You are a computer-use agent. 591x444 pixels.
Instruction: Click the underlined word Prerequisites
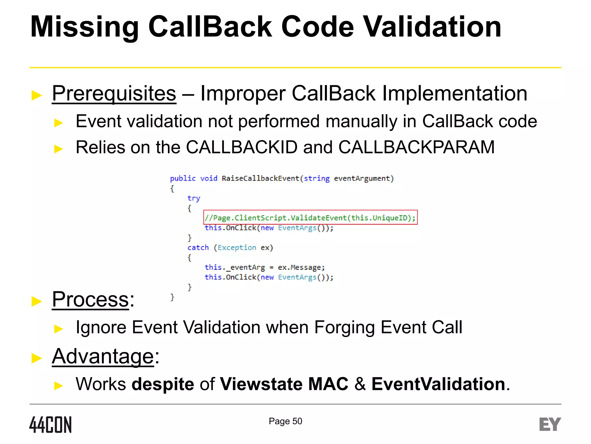(x=114, y=94)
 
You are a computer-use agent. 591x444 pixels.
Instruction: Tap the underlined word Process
(x=90, y=299)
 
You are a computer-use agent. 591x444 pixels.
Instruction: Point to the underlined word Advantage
(x=103, y=356)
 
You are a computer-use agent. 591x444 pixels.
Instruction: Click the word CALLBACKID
(x=242, y=147)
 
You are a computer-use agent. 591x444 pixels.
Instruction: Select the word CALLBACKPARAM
(x=416, y=147)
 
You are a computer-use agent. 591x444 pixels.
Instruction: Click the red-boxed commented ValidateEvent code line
(x=310, y=218)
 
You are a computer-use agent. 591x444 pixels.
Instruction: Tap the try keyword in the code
(x=194, y=198)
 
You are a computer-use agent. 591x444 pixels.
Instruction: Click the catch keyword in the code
(x=198, y=248)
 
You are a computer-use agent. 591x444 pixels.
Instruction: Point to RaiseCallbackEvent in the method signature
(x=260, y=178)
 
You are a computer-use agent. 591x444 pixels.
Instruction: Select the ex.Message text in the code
(x=301, y=267)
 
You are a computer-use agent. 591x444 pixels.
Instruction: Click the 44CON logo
(x=51, y=425)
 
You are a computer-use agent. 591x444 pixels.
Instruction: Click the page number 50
(x=297, y=421)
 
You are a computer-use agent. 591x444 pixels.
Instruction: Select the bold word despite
(x=163, y=384)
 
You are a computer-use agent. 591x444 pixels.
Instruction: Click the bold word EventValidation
(x=438, y=384)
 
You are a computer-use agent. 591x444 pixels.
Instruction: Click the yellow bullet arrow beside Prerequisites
(x=37, y=95)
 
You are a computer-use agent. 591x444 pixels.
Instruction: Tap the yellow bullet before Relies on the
(x=59, y=149)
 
